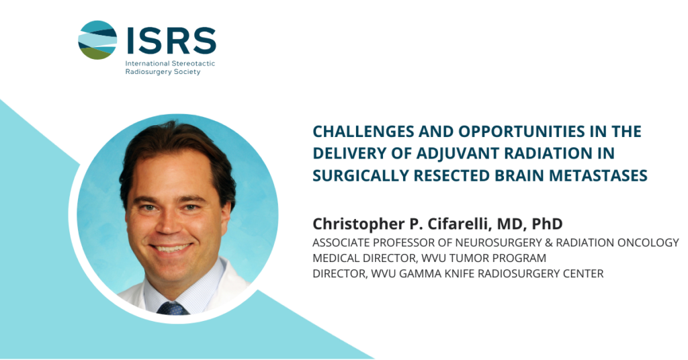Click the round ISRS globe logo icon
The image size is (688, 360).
coord(97,40)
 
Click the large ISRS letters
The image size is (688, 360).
coord(171,40)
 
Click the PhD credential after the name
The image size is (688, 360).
coord(547,224)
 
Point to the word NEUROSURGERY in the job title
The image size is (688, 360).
coord(494,242)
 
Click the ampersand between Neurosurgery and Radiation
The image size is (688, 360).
coord(541,242)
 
